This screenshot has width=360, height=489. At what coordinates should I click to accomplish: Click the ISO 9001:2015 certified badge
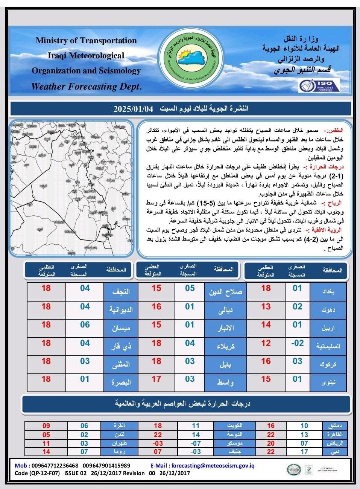(x=319, y=85)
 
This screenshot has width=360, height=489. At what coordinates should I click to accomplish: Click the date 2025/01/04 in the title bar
(x=134, y=109)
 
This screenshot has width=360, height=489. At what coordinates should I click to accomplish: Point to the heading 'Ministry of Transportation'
(x=86, y=41)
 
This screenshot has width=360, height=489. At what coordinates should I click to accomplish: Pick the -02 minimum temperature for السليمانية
(x=297, y=343)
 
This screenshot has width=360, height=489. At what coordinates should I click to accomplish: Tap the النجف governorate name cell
(x=121, y=291)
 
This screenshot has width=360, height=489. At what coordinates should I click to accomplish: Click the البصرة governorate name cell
(x=121, y=382)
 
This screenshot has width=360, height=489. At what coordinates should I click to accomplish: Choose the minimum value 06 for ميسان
(x=85, y=325)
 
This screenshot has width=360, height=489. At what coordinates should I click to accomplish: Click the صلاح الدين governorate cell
(x=225, y=291)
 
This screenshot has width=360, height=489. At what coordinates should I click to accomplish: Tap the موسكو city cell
(x=232, y=443)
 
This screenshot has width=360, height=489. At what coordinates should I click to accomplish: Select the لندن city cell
(x=119, y=434)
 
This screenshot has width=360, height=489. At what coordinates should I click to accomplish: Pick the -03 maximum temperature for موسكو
(x=158, y=443)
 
